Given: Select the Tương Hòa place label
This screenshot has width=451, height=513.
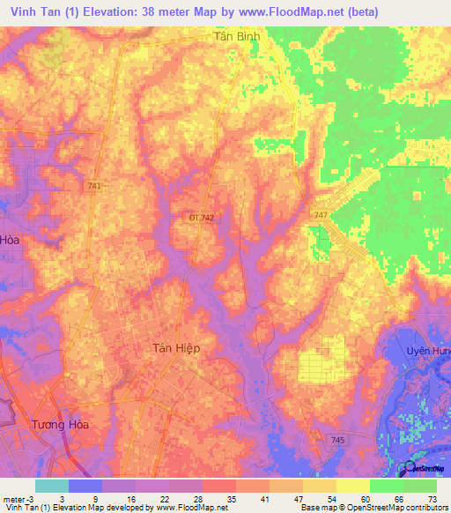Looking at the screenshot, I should [x=60, y=424].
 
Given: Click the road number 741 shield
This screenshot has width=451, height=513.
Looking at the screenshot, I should [x=94, y=186].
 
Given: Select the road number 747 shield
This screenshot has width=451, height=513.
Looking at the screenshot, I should [x=322, y=215].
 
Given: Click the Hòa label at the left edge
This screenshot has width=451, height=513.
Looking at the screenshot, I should [x=10, y=239].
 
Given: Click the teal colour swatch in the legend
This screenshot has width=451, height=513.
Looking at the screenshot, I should [x=52, y=486].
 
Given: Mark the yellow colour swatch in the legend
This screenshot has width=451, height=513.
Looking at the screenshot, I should [x=353, y=486].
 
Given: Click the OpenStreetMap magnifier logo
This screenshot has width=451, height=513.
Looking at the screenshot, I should [x=410, y=468].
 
